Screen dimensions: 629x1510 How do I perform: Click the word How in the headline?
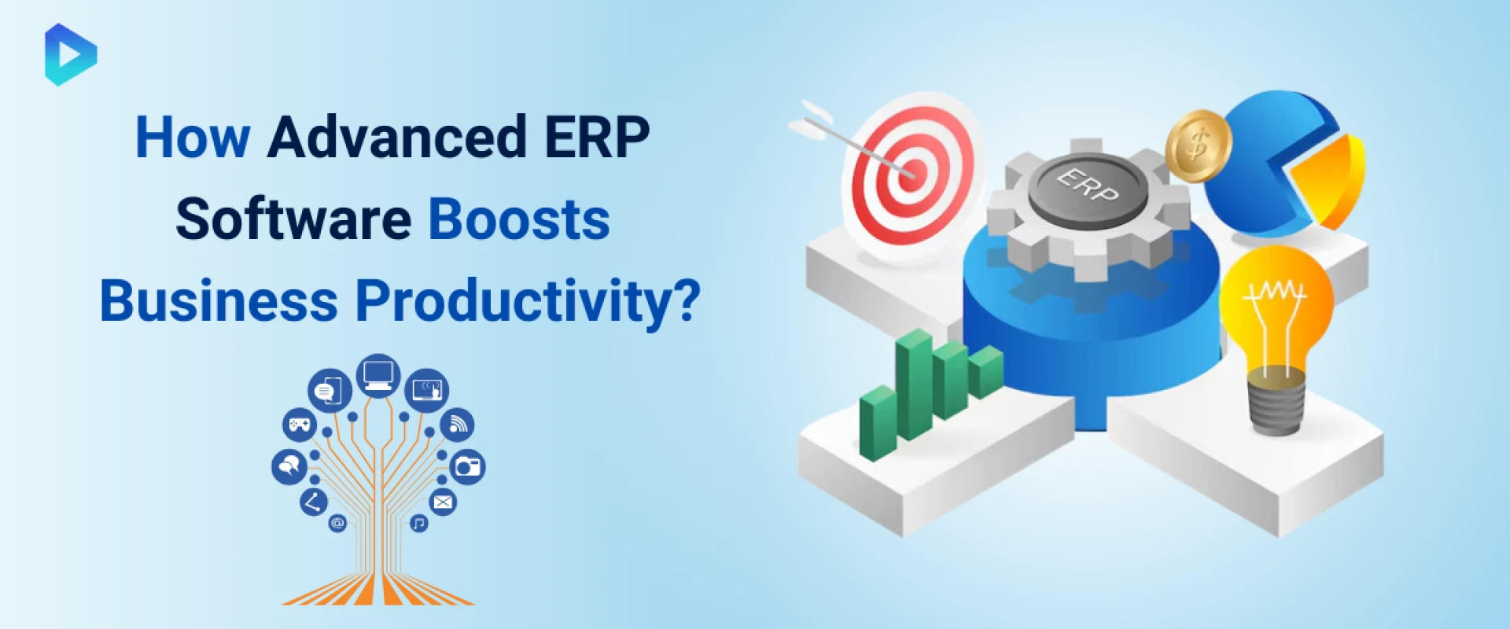[x=193, y=138]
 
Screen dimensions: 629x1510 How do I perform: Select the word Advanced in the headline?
[x=396, y=138]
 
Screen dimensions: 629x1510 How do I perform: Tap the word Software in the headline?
[x=293, y=219]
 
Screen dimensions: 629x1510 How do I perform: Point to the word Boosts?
[x=519, y=219]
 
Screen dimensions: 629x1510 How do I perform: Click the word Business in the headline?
[x=219, y=301]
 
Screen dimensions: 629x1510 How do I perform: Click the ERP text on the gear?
[x=1088, y=186]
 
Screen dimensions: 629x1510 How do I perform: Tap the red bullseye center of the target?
[x=912, y=171]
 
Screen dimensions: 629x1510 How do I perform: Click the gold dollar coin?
[x=1197, y=145]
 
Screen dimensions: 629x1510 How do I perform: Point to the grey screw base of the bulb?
[x=1276, y=405]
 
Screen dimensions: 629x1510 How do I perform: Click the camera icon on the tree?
[x=467, y=467]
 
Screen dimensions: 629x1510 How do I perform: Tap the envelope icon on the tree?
[x=443, y=502]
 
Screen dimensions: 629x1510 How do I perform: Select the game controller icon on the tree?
[x=299, y=425]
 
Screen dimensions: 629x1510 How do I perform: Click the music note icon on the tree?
[x=419, y=523]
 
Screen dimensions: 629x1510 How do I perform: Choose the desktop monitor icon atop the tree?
[x=378, y=374]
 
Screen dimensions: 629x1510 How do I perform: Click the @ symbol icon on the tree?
[x=337, y=523]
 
